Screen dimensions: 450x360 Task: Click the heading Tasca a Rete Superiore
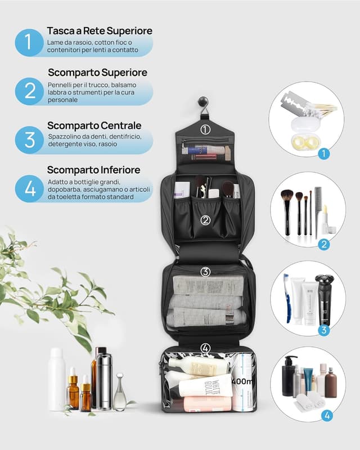tap(100, 30)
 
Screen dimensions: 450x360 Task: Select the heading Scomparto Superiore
tap(97, 73)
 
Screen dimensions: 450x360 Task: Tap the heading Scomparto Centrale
tap(94, 125)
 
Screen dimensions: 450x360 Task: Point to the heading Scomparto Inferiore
tap(93, 169)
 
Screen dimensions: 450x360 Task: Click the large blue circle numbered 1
tap(29, 42)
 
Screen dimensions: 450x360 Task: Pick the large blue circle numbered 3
tap(29, 140)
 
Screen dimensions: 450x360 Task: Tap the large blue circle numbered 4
tap(29, 188)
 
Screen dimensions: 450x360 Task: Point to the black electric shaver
tap(323, 298)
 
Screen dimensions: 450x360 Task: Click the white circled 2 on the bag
tap(205, 220)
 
